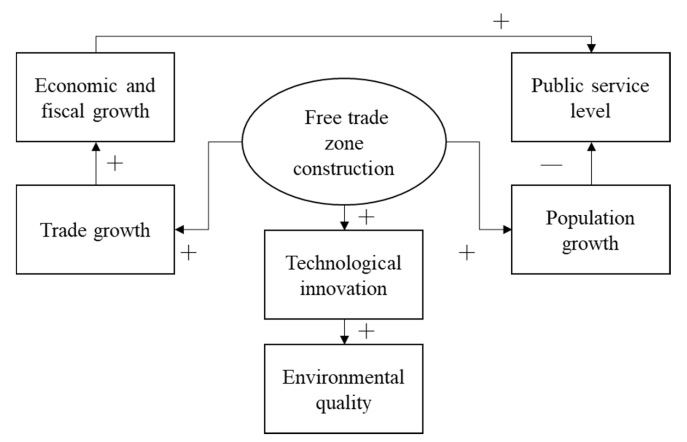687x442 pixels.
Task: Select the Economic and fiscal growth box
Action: coord(95,97)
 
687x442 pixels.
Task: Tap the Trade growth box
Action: coord(95,230)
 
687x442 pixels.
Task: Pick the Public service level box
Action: coord(590,97)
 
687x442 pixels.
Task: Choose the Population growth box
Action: coord(590,230)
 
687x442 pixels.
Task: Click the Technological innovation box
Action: coord(343,274)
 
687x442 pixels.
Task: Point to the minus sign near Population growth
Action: coord(551,164)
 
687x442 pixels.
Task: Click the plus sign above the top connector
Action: coord(501,21)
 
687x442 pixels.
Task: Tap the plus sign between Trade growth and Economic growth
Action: coord(115,163)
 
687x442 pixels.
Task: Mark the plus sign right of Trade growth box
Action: coord(188,253)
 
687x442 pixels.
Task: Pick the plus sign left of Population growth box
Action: coord(467,253)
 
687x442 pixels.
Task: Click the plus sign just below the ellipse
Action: coord(366,217)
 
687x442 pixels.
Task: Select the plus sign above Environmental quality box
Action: coord(366,331)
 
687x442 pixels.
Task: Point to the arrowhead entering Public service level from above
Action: coord(591,48)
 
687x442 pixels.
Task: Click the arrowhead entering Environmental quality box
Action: coord(344,339)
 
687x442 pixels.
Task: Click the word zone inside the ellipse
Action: coord(344,143)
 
